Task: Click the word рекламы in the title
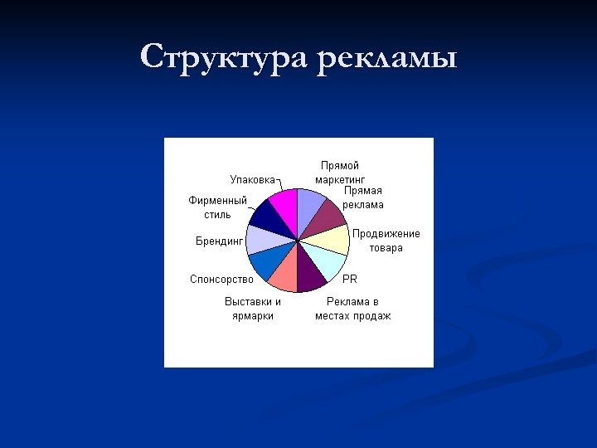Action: coord(386,60)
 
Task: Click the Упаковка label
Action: coord(252,179)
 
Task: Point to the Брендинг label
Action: coord(219,241)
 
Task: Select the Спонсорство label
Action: coord(221,280)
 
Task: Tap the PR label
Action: coord(350,279)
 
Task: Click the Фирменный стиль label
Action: coord(217,207)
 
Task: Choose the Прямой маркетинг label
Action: coord(340,172)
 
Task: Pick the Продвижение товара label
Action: coord(386,241)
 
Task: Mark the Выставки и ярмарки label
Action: coord(253,309)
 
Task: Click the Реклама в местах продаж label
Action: coord(353,309)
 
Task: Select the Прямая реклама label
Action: coord(363,197)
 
